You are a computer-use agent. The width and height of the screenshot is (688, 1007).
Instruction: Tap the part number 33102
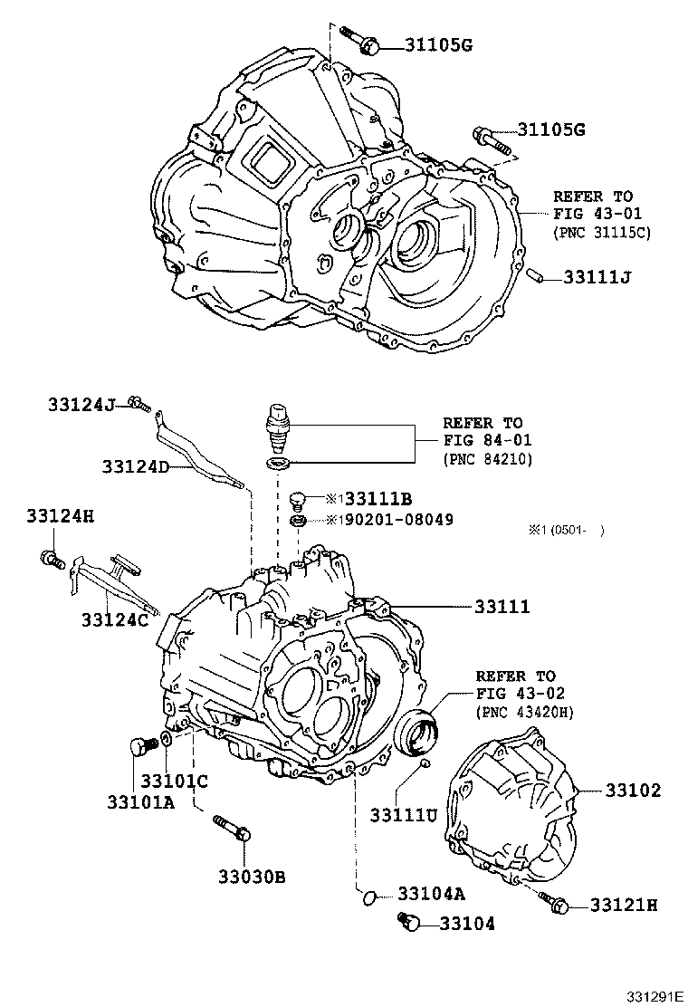631,791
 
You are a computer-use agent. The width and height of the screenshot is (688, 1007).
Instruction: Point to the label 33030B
251,876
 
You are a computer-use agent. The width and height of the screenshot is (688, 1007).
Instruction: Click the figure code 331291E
655,996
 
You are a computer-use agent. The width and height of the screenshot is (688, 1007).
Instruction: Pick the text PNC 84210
487,459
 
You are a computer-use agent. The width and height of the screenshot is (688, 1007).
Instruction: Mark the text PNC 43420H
523,713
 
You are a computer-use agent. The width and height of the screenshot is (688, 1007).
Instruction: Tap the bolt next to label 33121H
552,901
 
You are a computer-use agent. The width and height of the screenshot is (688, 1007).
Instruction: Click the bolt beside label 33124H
52,558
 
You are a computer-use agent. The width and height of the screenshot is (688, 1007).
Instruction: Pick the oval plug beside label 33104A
368,897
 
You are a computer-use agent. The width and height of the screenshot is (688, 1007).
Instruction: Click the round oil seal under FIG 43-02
419,731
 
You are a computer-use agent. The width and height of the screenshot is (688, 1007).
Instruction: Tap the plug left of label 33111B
297,499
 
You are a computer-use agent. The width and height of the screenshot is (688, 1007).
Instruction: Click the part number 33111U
403,815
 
